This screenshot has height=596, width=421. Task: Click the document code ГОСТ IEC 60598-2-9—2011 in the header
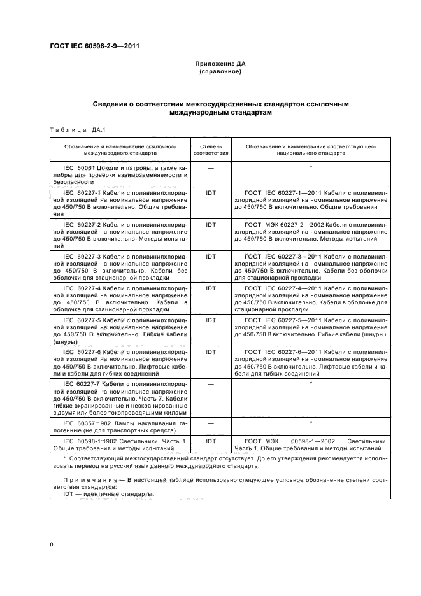[94, 46]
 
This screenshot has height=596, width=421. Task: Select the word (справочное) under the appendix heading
[220, 72]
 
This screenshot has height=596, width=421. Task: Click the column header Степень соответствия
[210, 150]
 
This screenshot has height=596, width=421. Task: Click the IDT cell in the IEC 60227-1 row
[210, 190]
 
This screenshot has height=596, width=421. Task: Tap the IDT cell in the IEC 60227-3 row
[210, 256]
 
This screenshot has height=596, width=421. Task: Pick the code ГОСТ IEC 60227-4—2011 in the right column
[285, 288]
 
